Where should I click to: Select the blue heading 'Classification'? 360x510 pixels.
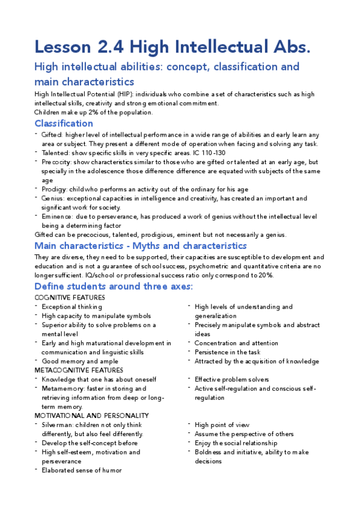pyautogui.click(x=64, y=123)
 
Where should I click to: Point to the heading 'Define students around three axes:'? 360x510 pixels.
pyautogui.click(x=114, y=286)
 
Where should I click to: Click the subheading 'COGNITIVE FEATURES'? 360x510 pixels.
pyautogui.click(x=70, y=298)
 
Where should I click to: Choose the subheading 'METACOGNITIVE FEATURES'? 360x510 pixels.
pyautogui.click(x=79, y=370)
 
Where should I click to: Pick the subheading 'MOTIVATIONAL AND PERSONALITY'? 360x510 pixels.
pyautogui.click(x=91, y=416)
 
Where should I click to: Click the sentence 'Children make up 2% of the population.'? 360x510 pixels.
pyautogui.click(x=93, y=112)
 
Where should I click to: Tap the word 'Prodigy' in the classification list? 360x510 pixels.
pyautogui.click(x=53, y=189)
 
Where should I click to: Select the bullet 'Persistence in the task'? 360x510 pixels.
pyautogui.click(x=227, y=352)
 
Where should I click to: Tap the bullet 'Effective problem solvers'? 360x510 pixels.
pyautogui.click(x=231, y=379)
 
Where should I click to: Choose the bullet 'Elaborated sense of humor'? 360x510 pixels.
pyautogui.click(x=81, y=470)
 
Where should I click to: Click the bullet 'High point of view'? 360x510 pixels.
pyautogui.click(x=221, y=425)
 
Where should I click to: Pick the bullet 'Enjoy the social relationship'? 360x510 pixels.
pyautogui.click(x=236, y=443)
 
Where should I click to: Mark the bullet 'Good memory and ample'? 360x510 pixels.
pyautogui.click(x=75, y=361)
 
